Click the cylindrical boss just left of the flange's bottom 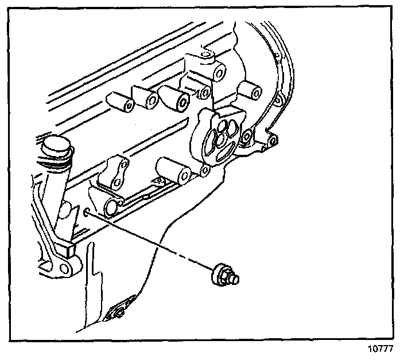click(174, 171)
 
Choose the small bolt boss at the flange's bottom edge click(205, 170)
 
